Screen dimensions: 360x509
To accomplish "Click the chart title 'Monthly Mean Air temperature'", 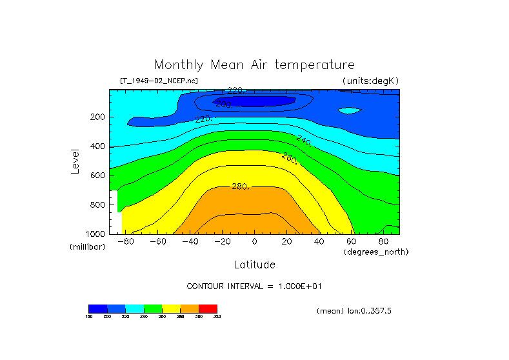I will click(254, 65).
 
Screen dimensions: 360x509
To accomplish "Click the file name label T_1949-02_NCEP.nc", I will click(159, 81).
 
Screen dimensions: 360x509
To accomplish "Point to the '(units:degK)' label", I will click(371, 81).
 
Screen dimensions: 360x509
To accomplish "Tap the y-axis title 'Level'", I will click(76, 160).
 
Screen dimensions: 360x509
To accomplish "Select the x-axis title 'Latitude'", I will click(254, 265).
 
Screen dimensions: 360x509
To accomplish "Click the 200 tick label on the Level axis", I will click(98, 117).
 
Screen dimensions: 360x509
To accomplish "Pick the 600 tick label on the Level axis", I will click(98, 175).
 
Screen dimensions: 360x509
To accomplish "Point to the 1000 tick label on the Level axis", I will click(96, 233).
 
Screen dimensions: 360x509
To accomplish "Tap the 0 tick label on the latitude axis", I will click(254, 242).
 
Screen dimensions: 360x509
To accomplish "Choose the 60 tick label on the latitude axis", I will click(351, 242).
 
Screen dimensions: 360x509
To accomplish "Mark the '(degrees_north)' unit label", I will click(376, 252).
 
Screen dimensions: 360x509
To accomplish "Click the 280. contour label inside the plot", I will click(241, 186).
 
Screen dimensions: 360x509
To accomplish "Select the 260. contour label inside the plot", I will click(290, 157).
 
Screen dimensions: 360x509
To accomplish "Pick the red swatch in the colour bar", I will click(208, 308).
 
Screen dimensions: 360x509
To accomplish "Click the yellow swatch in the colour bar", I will click(171, 308).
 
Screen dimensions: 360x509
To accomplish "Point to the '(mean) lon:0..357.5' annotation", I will click(354, 311).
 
